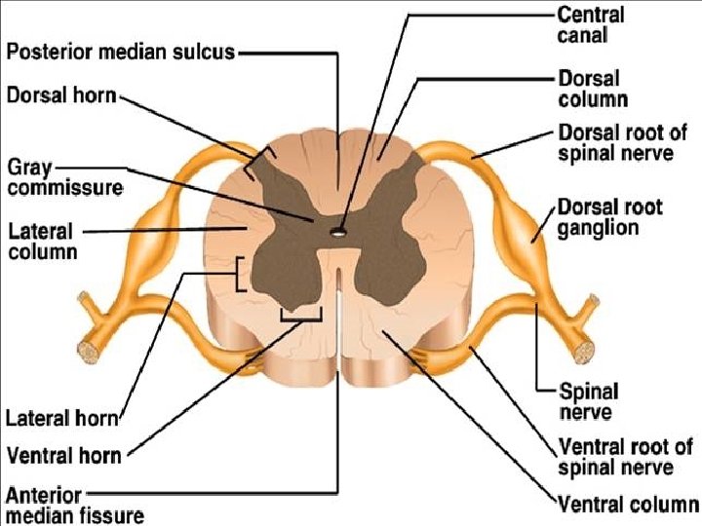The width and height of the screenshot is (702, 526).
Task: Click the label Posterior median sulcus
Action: coord(121,52)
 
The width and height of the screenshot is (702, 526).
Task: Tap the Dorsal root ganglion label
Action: coord(609,217)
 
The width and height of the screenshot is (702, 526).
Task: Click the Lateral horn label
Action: coord(62,420)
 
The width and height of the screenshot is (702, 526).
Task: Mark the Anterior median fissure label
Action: coord(74,504)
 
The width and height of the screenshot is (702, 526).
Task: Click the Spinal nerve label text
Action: coord(588,401)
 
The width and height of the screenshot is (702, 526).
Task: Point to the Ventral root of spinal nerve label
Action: coord(624,458)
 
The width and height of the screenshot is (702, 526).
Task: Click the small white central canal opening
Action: coord(335,232)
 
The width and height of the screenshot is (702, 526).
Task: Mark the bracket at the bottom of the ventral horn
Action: coord(300,315)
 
